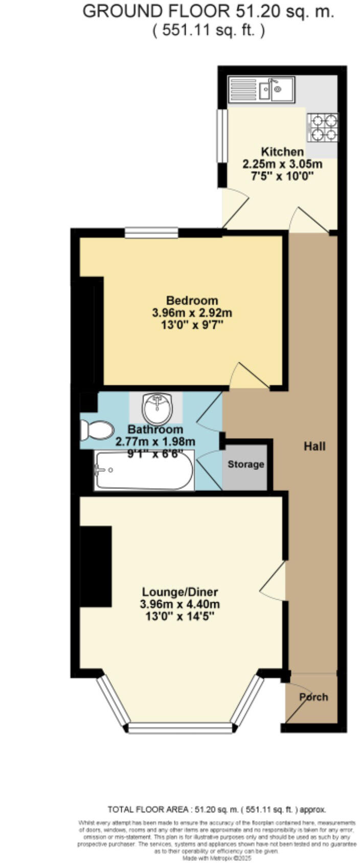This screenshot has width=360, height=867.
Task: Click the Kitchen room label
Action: [x=282, y=152]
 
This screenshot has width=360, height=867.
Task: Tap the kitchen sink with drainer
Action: [x=261, y=90]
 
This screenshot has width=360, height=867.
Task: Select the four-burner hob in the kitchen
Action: [x=322, y=127]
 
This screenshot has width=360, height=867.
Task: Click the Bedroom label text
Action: [x=192, y=301]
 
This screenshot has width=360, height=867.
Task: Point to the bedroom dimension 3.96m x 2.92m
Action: [x=192, y=312]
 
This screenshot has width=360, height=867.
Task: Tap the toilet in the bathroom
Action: [x=97, y=430]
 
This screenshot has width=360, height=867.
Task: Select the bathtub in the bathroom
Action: [x=144, y=470]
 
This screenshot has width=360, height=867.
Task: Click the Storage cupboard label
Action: [x=246, y=464]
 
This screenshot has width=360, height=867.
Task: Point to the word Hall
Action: [x=314, y=446]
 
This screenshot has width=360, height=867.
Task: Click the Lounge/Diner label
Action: [x=180, y=592]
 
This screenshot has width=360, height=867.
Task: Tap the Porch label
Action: [x=313, y=697]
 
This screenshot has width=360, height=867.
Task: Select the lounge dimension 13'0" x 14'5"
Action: [x=180, y=616]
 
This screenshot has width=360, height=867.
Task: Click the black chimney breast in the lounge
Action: [x=96, y=566]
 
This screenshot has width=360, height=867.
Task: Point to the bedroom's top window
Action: [x=152, y=233]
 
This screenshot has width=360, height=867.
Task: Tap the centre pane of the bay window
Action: [x=180, y=727]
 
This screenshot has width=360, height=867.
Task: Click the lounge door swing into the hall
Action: [x=275, y=581]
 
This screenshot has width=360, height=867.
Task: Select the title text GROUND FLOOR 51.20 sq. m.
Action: [x=208, y=11]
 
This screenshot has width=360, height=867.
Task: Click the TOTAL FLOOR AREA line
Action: [x=216, y=810]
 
